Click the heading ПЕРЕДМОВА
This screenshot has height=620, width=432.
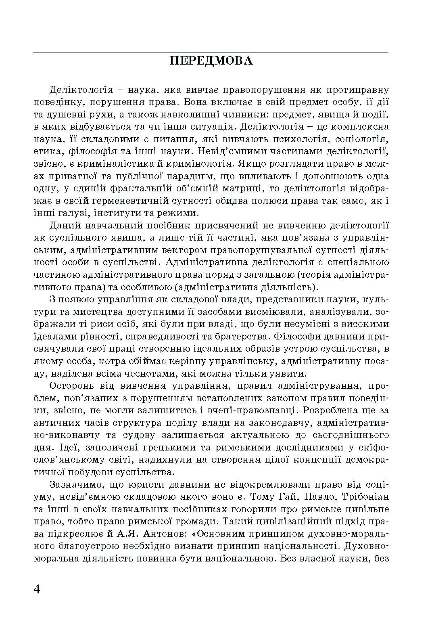211,61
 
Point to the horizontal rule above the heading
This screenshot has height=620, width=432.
210,52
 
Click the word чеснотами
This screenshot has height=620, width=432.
154,373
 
